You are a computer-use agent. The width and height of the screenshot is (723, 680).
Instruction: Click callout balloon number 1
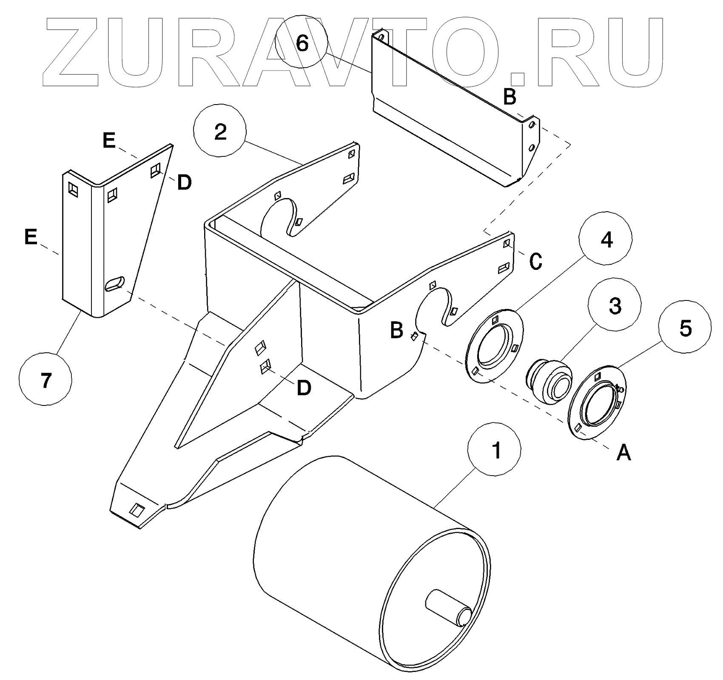[494, 450]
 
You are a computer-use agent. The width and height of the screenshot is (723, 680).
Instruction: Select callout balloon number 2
[220, 133]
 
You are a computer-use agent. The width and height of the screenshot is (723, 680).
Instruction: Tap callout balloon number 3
[615, 306]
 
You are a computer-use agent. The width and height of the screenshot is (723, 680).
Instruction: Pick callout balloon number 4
[606, 240]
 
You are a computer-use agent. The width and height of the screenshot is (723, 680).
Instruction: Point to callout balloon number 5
[685, 328]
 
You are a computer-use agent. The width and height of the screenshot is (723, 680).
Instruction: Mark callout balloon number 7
[46, 380]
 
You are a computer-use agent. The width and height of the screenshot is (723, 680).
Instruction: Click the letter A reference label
[623, 453]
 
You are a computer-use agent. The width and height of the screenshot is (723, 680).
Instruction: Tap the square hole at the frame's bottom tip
[137, 509]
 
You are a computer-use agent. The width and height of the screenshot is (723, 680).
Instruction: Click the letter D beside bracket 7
[184, 183]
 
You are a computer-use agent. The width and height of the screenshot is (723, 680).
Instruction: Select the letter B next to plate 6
[510, 97]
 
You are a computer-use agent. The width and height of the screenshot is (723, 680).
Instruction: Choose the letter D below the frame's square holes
[304, 388]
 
